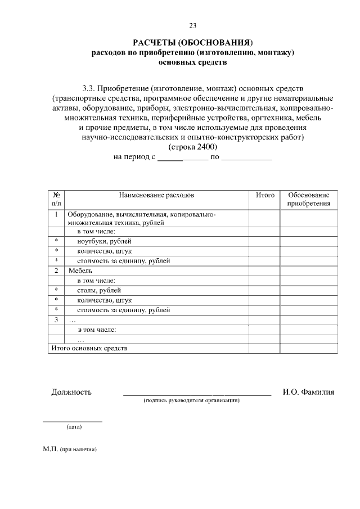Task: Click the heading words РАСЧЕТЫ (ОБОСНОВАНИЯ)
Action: coord(193,43)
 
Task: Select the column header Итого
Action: coord(265,195)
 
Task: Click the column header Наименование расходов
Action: coord(156,195)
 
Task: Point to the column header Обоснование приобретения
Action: coord(309,199)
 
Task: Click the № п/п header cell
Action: coord(56,199)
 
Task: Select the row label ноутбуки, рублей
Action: coord(100,241)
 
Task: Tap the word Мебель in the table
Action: coord(80,271)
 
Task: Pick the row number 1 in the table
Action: coord(56,214)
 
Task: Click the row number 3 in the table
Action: coord(56,319)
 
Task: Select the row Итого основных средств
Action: coord(89,348)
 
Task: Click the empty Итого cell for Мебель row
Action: coord(265,271)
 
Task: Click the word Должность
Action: coord(71,392)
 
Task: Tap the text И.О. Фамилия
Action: coord(308,392)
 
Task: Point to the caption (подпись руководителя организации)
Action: coord(192,401)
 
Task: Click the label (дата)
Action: coord(74,427)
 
